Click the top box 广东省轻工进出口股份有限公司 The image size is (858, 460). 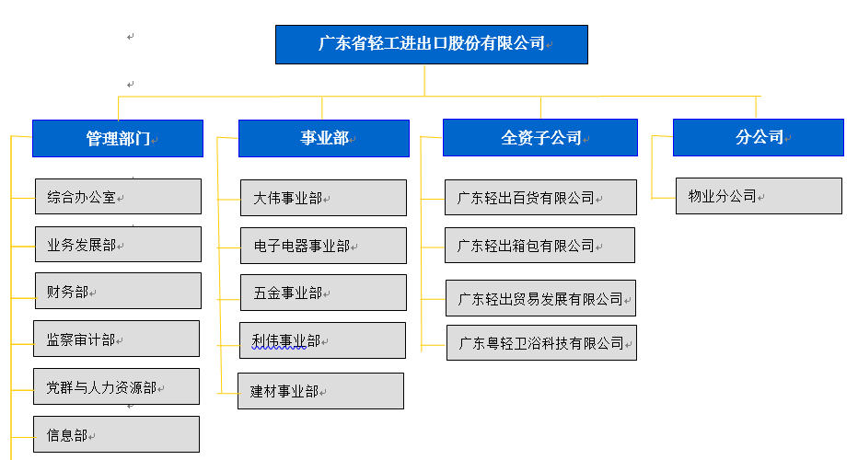tap(432, 44)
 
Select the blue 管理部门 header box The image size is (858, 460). tap(118, 138)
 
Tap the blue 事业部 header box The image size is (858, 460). tap(324, 138)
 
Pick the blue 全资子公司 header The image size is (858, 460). tap(540, 138)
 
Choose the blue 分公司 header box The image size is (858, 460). tap(759, 138)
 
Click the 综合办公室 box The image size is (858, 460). tap(118, 196)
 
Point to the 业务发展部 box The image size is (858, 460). tap(118, 245)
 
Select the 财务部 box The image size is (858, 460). tap(118, 291)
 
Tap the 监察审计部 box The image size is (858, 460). tap(117, 339)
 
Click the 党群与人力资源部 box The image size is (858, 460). tap(117, 386)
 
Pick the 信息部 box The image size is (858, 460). tap(117, 434)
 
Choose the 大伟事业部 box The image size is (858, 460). tap(323, 198)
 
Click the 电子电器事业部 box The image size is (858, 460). tap(323, 246)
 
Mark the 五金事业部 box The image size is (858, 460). tap(323, 293)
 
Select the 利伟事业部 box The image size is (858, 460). tap(323, 340)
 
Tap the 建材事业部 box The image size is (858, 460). tap(320, 391)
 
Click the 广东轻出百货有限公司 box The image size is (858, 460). tap(540, 198)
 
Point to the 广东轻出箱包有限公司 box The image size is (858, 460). tap(540, 246)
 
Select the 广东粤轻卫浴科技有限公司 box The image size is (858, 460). tap(541, 343)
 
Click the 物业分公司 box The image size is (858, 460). tap(759, 196)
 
